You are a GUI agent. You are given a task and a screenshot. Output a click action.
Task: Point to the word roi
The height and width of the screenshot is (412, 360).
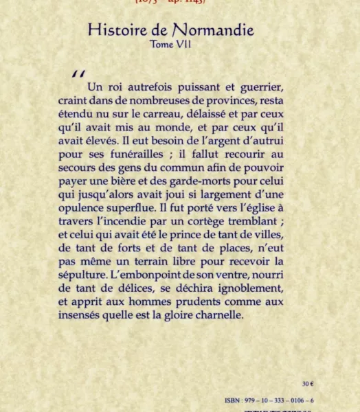pyautogui.click(x=113, y=87)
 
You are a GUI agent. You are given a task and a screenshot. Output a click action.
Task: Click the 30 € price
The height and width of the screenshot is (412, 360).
pyautogui.click(x=308, y=384)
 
